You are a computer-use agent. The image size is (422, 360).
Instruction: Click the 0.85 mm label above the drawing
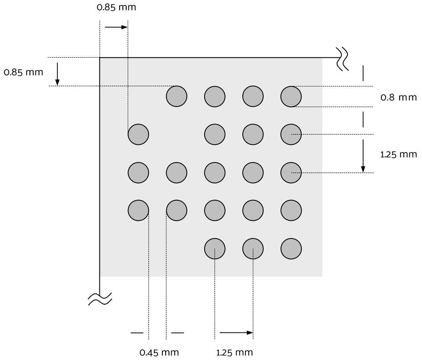tap(116, 7)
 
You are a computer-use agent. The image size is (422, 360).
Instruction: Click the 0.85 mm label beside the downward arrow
tap(23, 72)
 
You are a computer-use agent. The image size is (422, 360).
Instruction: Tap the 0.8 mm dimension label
tap(399, 97)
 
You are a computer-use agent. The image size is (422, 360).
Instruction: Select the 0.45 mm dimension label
tap(159, 352)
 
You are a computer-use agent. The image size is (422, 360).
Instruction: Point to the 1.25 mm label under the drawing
tap(234, 352)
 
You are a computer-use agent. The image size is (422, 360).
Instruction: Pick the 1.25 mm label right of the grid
tap(399, 154)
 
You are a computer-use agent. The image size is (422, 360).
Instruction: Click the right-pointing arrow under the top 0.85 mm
tap(116, 27)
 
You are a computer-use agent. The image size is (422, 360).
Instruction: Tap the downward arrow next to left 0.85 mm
tap(57, 74)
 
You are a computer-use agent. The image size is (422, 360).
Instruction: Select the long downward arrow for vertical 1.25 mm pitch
tap(363, 156)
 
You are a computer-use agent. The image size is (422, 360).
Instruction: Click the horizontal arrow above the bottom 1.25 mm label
tap(236, 332)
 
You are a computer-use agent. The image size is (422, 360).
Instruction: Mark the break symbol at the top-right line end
tap(342, 59)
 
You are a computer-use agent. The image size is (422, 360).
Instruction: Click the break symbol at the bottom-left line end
tap(100, 299)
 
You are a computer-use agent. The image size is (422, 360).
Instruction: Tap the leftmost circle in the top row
tap(177, 96)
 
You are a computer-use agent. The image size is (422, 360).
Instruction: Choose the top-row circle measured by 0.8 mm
tap(291, 96)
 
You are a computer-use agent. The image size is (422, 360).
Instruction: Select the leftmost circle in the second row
tap(138, 134)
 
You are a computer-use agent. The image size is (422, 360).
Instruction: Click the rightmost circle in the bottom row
tap(291, 249)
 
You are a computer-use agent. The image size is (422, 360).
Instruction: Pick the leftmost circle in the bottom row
tap(215, 249)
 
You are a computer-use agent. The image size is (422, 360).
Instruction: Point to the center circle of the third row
tap(215, 172)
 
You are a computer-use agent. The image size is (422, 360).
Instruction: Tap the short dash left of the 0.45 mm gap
tap(137, 333)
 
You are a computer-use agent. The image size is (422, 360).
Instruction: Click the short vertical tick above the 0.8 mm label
tap(363, 73)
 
